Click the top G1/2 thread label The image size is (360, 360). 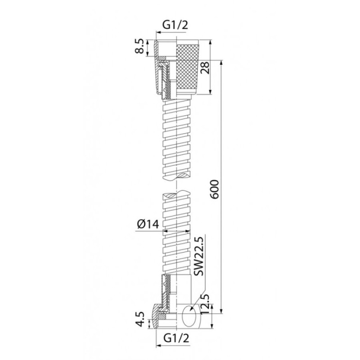pyautogui.click(x=175, y=25)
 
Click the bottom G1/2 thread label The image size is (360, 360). pyautogui.click(x=176, y=338)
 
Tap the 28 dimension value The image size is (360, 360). pyautogui.click(x=205, y=67)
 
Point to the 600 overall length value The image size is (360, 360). pyautogui.click(x=215, y=189)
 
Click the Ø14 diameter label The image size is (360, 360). pyautogui.click(x=148, y=224)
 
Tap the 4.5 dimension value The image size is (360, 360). pyautogui.click(x=141, y=319)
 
